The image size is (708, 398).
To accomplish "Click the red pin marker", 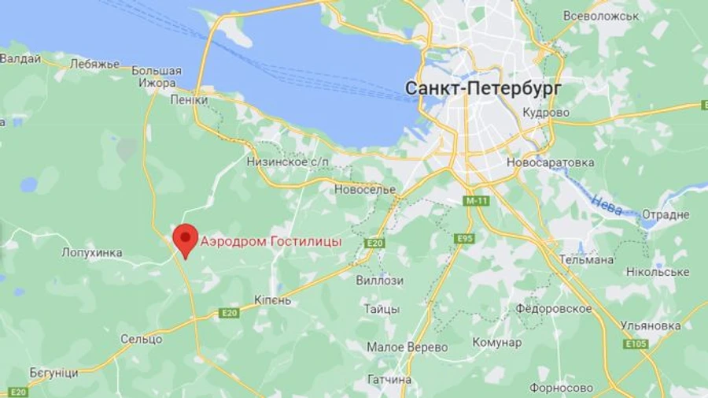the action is [x=186, y=239].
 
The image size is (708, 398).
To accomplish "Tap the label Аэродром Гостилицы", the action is [x=271, y=242].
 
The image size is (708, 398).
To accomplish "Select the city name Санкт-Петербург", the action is [x=483, y=89].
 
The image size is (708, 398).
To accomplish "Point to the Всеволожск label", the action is [x=600, y=16].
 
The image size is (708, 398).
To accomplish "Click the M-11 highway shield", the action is [x=477, y=201].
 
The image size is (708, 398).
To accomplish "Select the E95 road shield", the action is [x=464, y=238].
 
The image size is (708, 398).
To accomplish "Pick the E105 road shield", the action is [x=636, y=344].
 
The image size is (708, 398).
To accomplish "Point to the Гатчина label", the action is [x=389, y=379].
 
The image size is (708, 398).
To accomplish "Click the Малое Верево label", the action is [x=407, y=347].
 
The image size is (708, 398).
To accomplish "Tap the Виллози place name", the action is [x=379, y=281].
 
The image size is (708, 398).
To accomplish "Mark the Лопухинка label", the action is [x=92, y=253].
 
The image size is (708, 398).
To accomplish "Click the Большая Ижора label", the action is [x=157, y=76].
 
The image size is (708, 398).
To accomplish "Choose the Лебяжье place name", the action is [x=94, y=64].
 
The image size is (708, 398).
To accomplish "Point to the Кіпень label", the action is [x=273, y=300].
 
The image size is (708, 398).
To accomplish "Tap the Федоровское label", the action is [x=554, y=308].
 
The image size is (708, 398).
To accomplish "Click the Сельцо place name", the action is [x=142, y=339].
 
